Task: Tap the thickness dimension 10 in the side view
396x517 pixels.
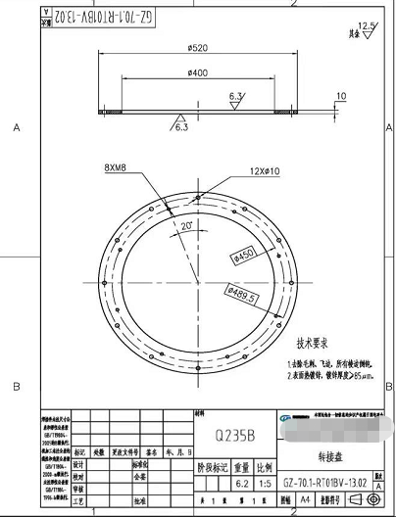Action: pyautogui.click(x=340, y=96)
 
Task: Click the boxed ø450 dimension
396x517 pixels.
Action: pyautogui.click(x=243, y=256)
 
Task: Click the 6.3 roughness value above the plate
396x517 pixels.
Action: pyautogui.click(x=236, y=96)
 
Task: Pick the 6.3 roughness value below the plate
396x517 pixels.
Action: pyautogui.click(x=182, y=126)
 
